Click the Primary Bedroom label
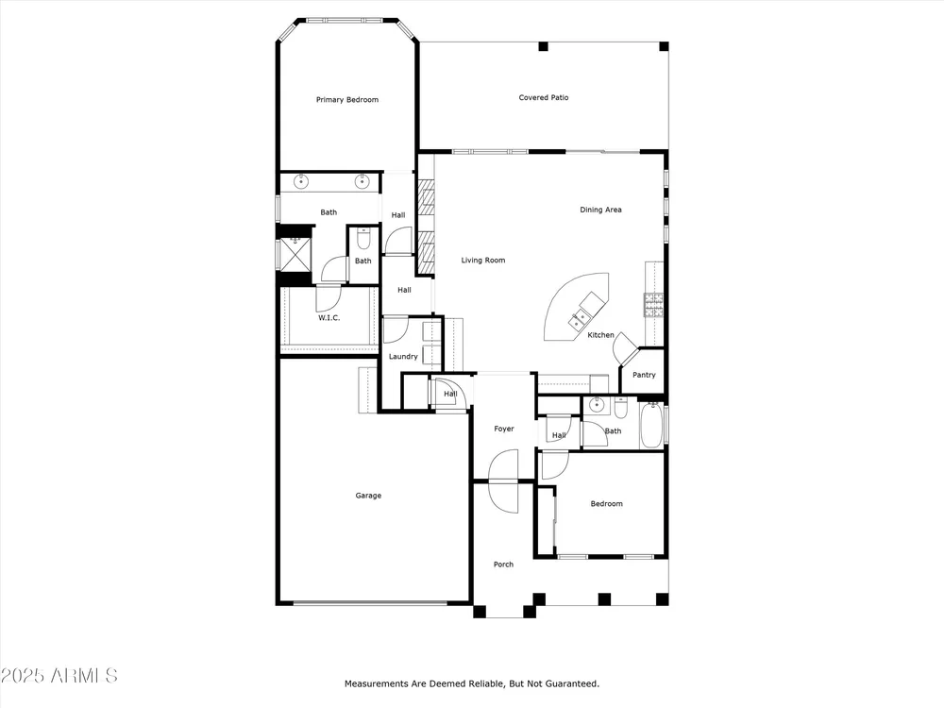coord(347,100)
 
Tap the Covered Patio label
coord(544,97)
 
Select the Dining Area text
coord(600,211)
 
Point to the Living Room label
coord(483,261)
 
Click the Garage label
coord(368,497)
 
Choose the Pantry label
coord(644,375)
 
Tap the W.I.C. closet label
coord(329,318)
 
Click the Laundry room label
coord(403,357)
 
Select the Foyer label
coord(504,430)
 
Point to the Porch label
coord(504,565)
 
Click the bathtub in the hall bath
coord(650,425)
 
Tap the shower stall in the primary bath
coord(295,254)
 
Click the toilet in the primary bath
coord(363,239)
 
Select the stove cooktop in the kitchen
coord(653,305)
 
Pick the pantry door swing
coord(624,347)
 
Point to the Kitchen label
coord(600,335)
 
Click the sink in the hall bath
coord(597,405)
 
